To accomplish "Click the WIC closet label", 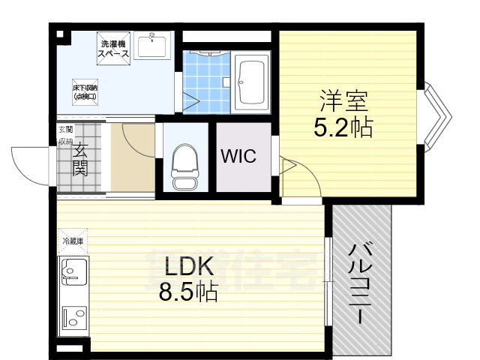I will [x=238, y=157].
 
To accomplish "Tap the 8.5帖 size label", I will [x=187, y=292].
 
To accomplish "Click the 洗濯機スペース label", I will [x=114, y=49].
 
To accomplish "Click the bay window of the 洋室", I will [x=437, y=116].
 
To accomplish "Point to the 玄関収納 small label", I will [x=65, y=135].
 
